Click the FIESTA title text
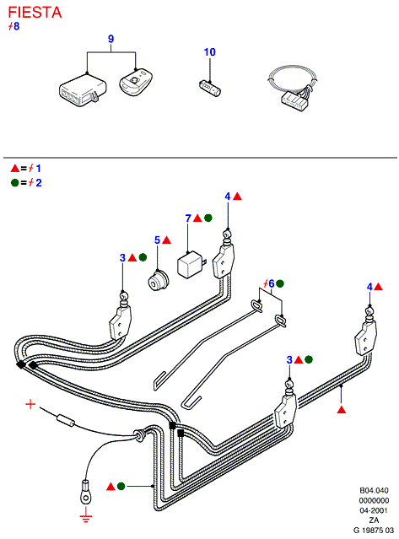(x=35, y=13)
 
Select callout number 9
(x=111, y=39)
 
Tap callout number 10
(x=210, y=52)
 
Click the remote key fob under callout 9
(x=136, y=83)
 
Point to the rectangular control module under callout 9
(x=83, y=91)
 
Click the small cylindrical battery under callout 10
(x=210, y=88)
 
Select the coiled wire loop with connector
(x=294, y=89)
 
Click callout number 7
(x=188, y=218)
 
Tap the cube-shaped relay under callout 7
(x=191, y=265)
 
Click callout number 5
(x=157, y=240)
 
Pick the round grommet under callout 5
(x=158, y=281)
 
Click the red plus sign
(x=30, y=404)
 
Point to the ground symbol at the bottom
(x=86, y=518)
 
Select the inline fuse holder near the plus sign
(x=66, y=420)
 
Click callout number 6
(x=271, y=283)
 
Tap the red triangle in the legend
(x=15, y=168)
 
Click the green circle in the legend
(x=15, y=182)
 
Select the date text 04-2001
(x=374, y=510)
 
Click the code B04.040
(x=374, y=491)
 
